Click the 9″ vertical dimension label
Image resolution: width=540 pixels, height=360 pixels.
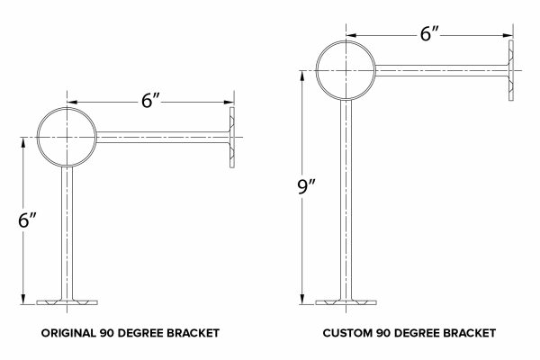pos(307,187)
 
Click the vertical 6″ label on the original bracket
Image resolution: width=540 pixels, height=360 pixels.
pos(27,220)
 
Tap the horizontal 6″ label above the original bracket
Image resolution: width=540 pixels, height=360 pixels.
pos(151,101)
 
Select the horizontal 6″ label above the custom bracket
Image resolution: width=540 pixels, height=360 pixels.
pos(429,34)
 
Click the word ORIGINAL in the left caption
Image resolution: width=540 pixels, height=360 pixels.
pos(69,333)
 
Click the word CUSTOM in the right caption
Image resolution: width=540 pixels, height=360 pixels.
pos(347,333)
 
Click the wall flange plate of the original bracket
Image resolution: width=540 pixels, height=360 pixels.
pos(232,138)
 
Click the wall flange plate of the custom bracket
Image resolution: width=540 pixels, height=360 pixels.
pos(511,70)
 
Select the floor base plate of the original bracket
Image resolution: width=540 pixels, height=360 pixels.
pos(67,302)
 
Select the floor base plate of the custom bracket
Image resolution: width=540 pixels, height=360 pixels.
pos(346,302)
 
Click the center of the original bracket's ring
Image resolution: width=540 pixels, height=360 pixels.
pos(67,138)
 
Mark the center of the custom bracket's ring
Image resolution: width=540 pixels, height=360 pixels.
pos(346,70)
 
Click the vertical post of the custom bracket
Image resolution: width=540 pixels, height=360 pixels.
pos(346,200)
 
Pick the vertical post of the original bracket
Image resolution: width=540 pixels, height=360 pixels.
pos(67,233)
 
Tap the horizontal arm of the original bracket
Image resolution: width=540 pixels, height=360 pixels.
pos(163,138)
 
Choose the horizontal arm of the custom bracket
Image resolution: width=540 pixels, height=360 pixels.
pos(442,70)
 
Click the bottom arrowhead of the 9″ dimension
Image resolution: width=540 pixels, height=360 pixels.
pos(302,299)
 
